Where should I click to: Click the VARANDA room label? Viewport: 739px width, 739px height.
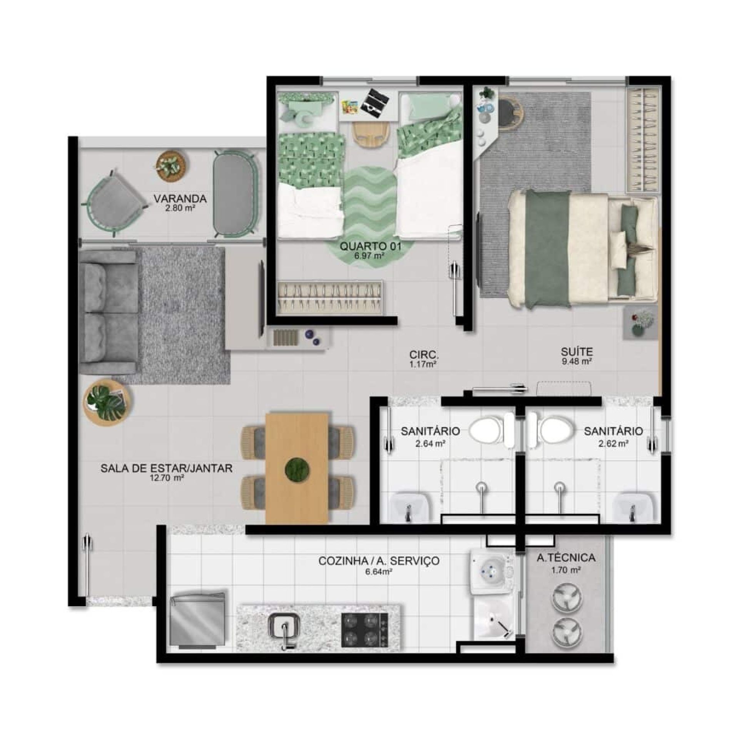pos(180,199)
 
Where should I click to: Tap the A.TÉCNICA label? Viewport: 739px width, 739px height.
pos(565,557)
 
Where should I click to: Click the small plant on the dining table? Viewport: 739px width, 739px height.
pos(297,468)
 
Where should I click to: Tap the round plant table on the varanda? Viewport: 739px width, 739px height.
pos(172,166)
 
